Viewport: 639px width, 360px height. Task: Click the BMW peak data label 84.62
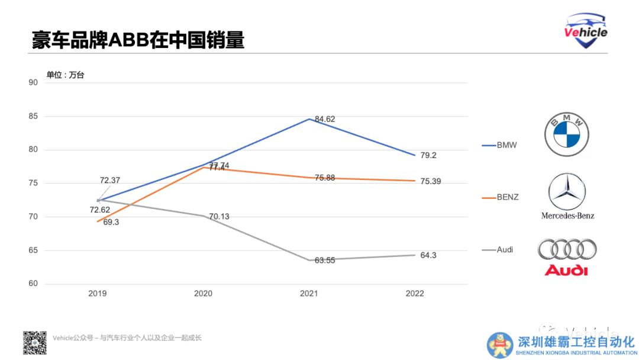point(325,119)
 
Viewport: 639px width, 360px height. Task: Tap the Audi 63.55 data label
point(325,259)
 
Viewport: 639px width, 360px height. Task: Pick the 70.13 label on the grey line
point(219,217)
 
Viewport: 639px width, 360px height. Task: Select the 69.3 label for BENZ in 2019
point(111,223)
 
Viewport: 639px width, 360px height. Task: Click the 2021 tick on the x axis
point(309,294)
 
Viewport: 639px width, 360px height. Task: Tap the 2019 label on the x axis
point(98,294)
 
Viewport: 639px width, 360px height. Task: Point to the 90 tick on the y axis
point(33,82)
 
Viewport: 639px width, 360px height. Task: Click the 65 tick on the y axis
point(33,250)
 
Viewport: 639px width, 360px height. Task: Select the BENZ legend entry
point(507,197)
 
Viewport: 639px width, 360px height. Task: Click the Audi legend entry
point(505,250)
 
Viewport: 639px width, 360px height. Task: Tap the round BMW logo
point(567,135)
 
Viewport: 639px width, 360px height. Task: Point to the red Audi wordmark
point(566,271)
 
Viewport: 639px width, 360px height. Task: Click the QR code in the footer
point(34,343)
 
